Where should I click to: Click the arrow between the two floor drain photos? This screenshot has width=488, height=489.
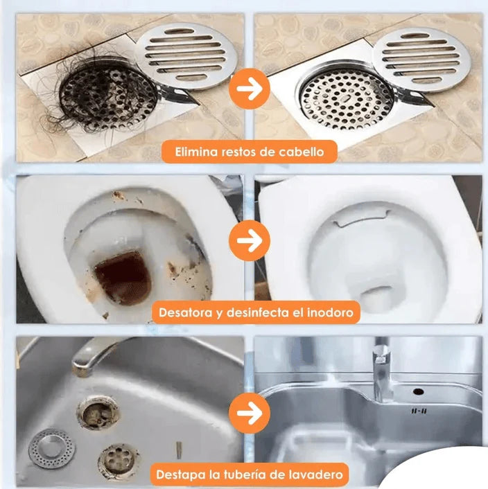(x=250, y=89)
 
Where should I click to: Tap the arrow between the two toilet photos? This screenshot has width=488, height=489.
(x=250, y=240)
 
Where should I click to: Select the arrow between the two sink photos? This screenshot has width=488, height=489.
(x=250, y=414)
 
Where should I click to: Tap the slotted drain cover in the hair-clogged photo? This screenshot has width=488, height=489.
(x=186, y=57)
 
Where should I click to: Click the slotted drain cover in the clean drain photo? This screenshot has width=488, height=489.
(x=421, y=60)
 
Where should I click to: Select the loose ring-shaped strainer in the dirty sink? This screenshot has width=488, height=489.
(x=51, y=448)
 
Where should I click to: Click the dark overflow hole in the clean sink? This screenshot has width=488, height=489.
(x=419, y=391)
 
